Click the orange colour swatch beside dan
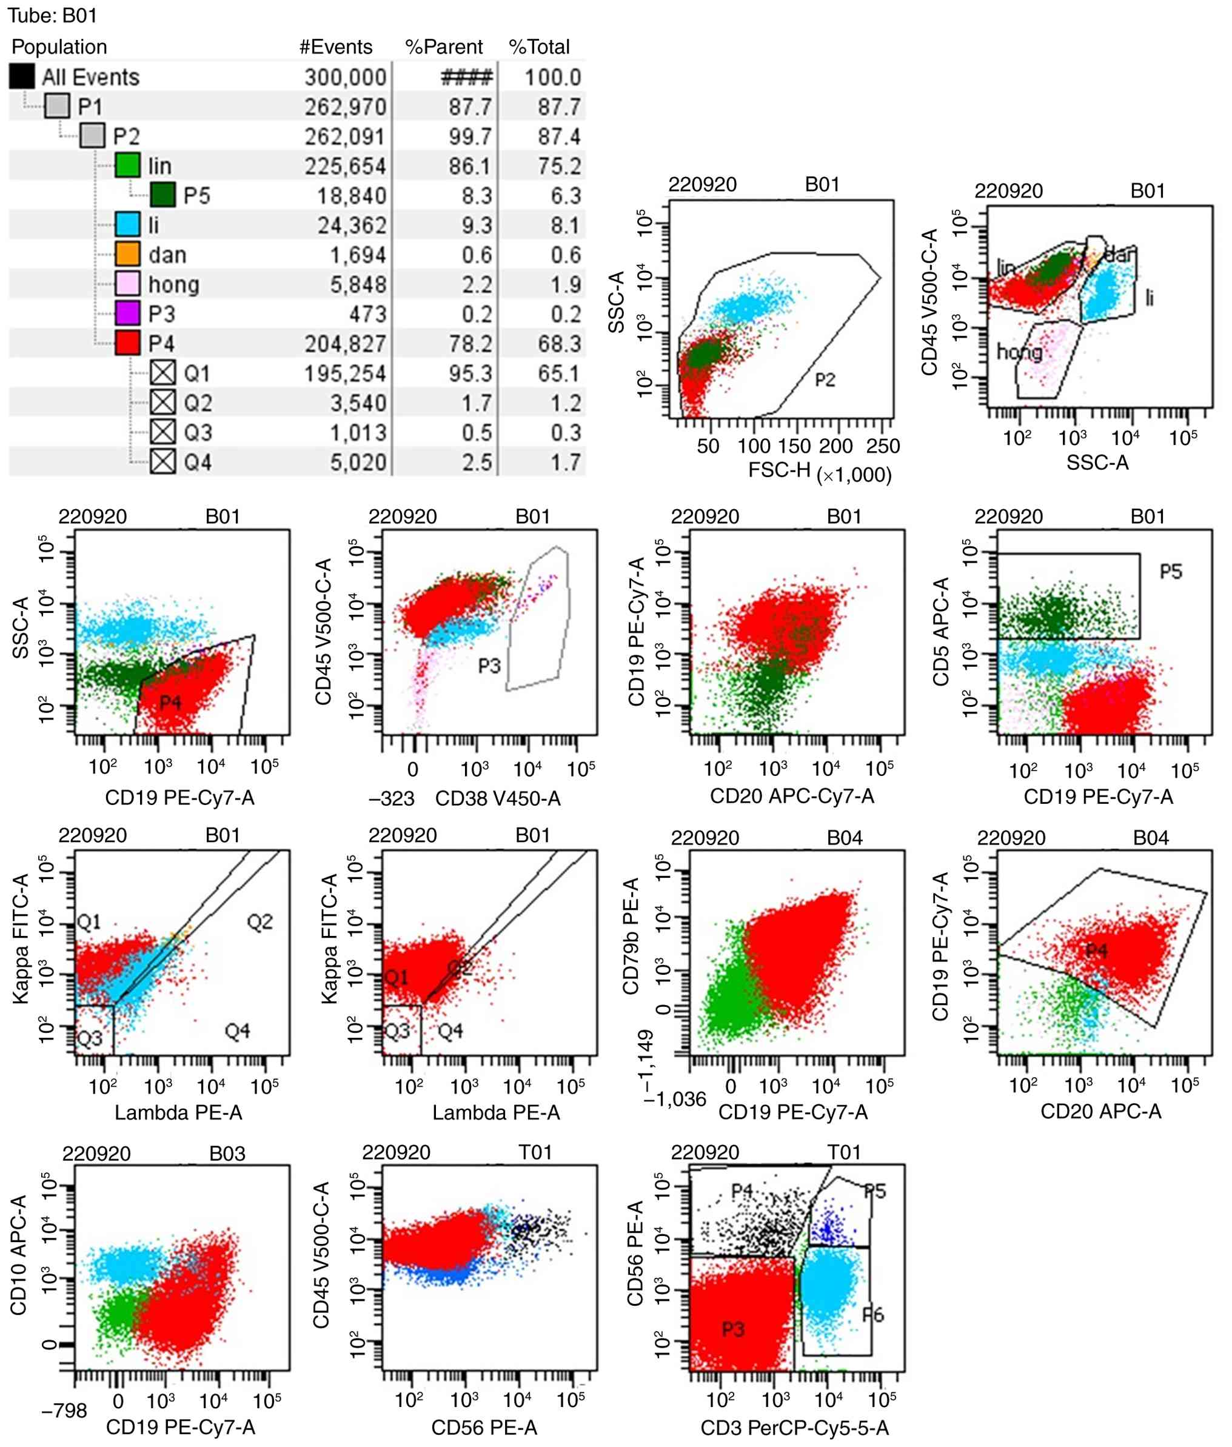pos(128,254)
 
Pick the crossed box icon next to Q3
pos(162,432)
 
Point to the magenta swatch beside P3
pos(128,313)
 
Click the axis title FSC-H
pos(778,469)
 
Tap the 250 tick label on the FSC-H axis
pos(882,446)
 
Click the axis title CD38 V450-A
pos(497,798)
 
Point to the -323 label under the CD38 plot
pos(392,798)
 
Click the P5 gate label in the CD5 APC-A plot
pos(1171,572)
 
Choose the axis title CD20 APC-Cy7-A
pos(792,796)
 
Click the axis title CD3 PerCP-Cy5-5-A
pos(795,1428)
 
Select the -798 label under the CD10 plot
pos(64,1411)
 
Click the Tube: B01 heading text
pos(52,15)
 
